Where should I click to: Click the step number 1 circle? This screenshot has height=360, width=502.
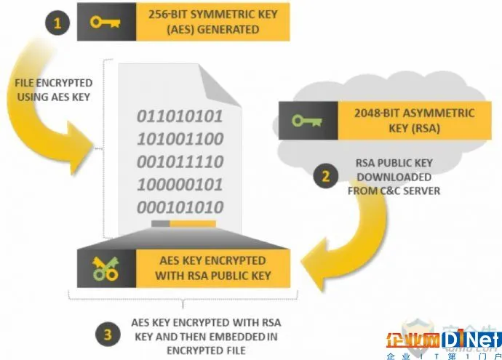pyautogui.click(x=57, y=23)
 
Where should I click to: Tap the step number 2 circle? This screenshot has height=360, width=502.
pyautogui.click(x=325, y=176)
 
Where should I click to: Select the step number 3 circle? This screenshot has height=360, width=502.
pyautogui.click(x=108, y=335)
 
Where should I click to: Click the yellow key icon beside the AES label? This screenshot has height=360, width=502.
pyautogui.click(x=105, y=22)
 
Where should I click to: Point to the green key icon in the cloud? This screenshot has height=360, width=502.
pyautogui.click(x=307, y=121)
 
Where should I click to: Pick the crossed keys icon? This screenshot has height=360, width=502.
pyautogui.click(x=105, y=269)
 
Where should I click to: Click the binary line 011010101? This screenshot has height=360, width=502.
pyautogui.click(x=180, y=116)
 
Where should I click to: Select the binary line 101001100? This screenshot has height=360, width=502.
pyautogui.click(x=180, y=139)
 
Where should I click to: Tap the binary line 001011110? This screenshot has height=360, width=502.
pyautogui.click(x=180, y=161)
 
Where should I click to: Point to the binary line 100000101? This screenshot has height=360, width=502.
pyautogui.click(x=180, y=185)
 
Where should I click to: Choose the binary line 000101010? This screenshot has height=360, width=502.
pyautogui.click(x=180, y=207)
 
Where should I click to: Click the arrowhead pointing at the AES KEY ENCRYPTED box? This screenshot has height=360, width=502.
pyautogui.click(x=315, y=265)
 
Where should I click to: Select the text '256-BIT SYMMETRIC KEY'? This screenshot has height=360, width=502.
pyautogui.click(x=213, y=15)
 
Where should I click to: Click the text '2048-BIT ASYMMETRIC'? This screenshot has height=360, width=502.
pyautogui.click(x=414, y=113)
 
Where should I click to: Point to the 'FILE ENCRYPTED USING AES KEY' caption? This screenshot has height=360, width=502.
pyautogui.click(x=53, y=90)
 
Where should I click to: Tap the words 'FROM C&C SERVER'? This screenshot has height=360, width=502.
pyautogui.click(x=394, y=191)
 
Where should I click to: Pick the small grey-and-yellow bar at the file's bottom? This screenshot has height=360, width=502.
pyautogui.click(x=183, y=223)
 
